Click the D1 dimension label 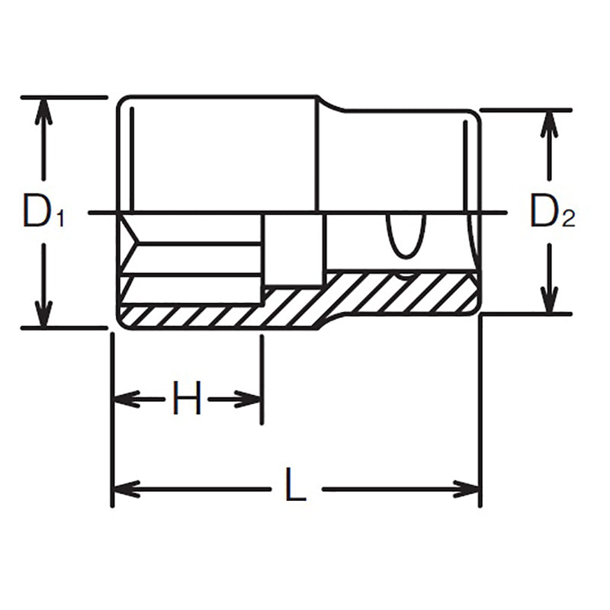43,212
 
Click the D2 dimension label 551,212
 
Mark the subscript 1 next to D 59,220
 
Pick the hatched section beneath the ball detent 404,291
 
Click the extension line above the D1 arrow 64,98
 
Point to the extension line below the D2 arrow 526,313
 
